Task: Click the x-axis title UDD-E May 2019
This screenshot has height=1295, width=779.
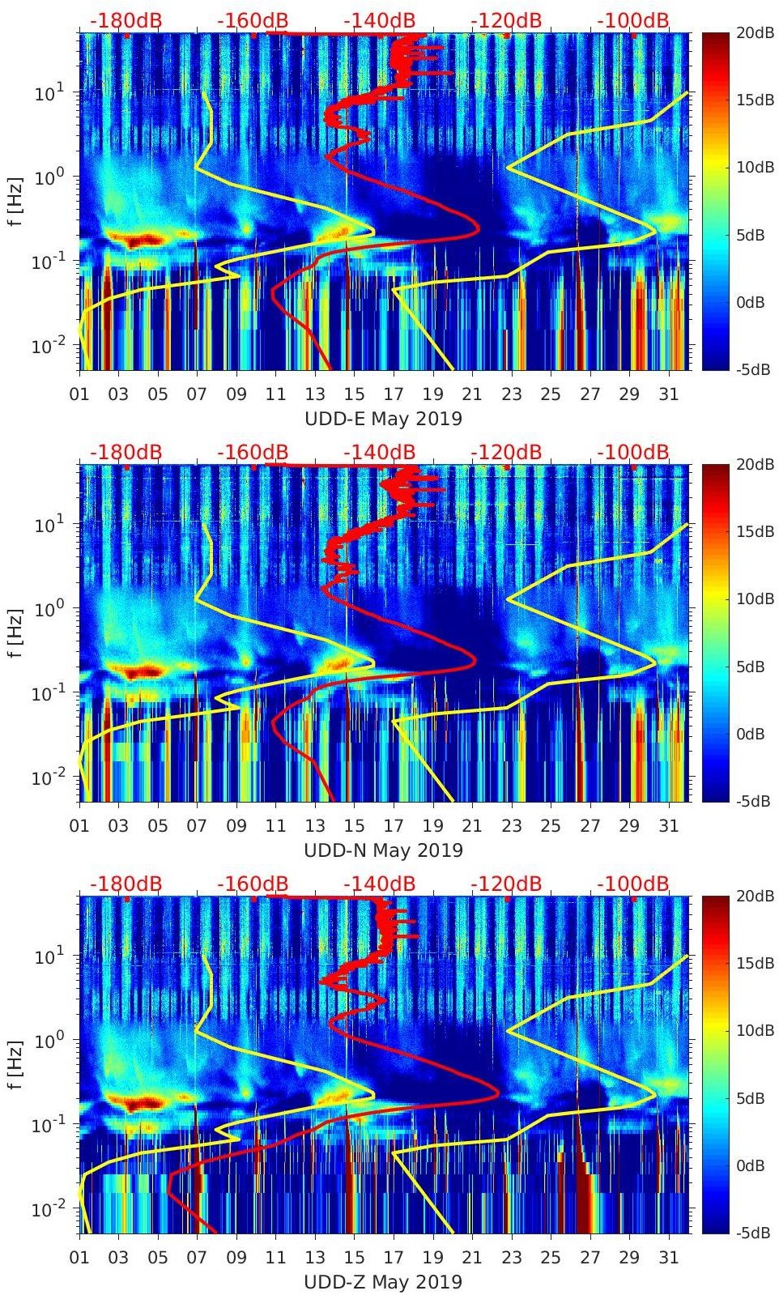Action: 383,419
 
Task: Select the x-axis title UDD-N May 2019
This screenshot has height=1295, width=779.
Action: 383,850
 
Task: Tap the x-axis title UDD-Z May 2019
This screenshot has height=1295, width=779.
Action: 383,1282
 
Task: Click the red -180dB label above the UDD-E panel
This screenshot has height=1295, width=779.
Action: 126,20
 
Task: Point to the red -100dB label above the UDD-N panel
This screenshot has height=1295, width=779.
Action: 633,452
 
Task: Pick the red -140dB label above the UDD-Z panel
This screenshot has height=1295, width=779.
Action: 379,884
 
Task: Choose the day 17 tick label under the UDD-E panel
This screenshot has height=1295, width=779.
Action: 394,394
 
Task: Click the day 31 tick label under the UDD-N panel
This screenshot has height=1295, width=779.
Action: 668,826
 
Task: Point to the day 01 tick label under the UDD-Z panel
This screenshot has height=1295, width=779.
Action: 79,1258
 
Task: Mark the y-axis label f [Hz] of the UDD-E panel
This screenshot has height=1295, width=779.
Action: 16,201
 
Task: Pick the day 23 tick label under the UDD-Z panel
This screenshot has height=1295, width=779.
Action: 511,1258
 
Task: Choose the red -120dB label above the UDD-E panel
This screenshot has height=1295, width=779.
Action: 506,20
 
